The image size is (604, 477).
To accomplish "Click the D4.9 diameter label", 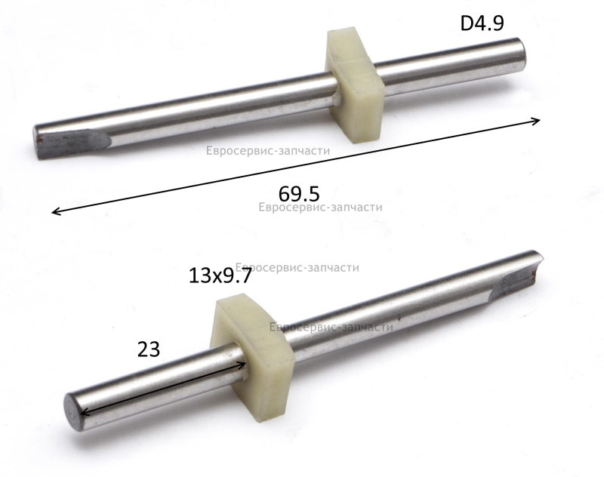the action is click(x=482, y=23).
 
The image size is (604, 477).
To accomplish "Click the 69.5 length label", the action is click(x=299, y=194).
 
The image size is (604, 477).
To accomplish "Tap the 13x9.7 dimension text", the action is click(x=220, y=275).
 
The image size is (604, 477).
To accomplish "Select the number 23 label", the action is click(x=149, y=349).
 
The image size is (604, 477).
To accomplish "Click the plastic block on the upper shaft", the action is click(x=354, y=85).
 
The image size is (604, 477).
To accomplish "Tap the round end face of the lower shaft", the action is click(x=72, y=412).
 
